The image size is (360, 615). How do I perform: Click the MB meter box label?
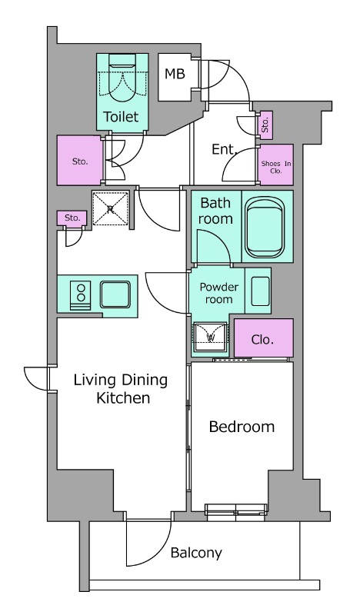[175, 73]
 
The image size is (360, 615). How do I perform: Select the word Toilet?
[122, 117]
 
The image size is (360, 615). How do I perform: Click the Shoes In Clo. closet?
[276, 165]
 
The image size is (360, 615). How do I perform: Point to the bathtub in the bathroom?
[265, 226]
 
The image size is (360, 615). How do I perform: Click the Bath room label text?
[215, 211]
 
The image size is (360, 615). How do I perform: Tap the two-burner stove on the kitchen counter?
[81, 295]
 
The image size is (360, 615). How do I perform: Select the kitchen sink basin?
[115, 294]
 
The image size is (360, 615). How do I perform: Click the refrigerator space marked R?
[110, 208]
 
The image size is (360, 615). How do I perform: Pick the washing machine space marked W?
[211, 337]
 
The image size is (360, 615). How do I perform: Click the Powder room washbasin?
[260, 291]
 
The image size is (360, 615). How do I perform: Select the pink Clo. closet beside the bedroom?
[264, 338]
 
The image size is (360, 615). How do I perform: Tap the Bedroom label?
[242, 427]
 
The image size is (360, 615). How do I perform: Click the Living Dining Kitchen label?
[121, 389]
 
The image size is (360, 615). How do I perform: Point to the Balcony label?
[196, 553]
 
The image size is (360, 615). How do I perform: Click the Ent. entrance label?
[225, 149]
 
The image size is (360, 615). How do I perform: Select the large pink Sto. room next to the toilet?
[80, 160]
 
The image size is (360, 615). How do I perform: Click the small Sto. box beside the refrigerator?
[72, 218]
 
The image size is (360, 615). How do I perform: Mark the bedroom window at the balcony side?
[236, 513]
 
